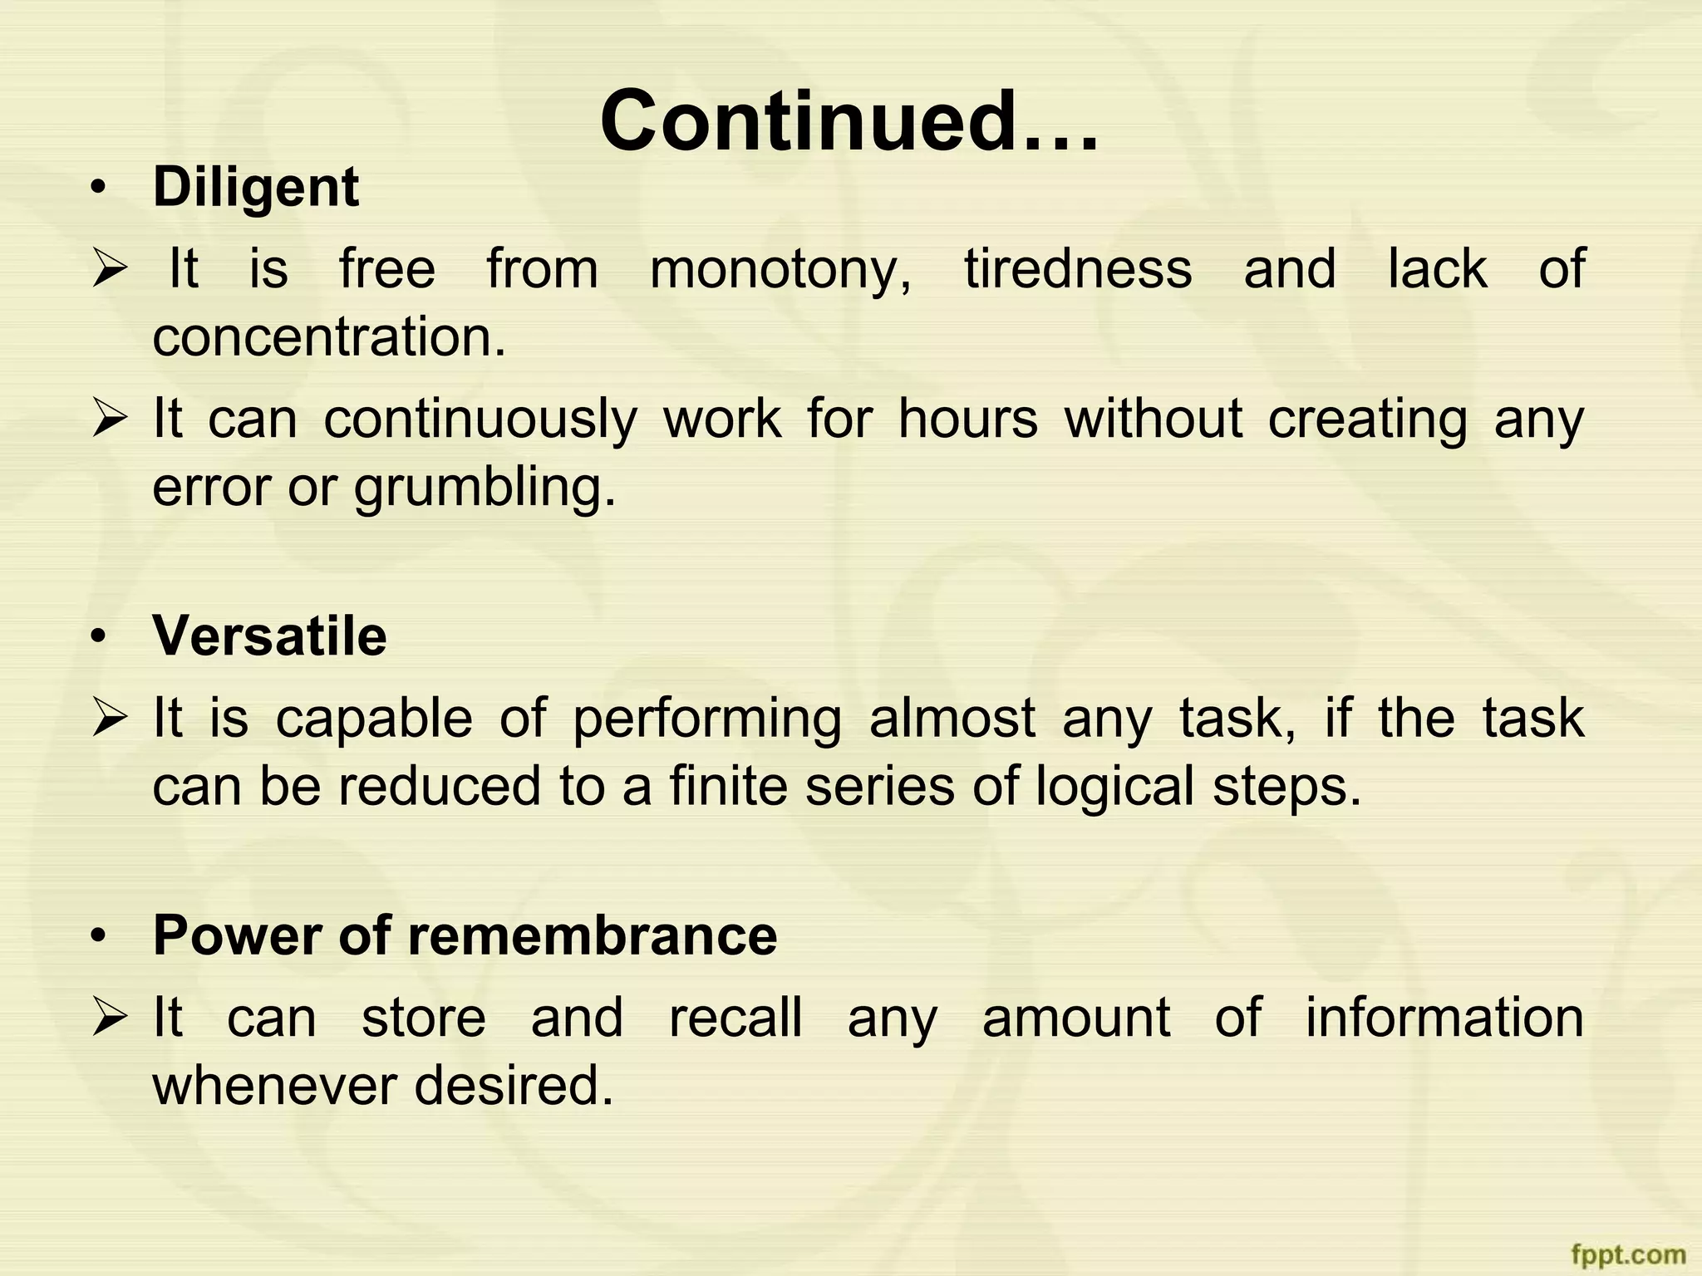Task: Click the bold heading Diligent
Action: point(256,188)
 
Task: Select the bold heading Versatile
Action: point(269,636)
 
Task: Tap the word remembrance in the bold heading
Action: point(593,935)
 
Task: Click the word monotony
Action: point(780,270)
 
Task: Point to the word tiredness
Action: point(1078,269)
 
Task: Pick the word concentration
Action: point(329,337)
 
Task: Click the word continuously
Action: point(480,420)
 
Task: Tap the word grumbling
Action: point(485,488)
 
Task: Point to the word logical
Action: point(1114,788)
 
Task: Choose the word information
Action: point(1444,1018)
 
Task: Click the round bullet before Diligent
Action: point(100,189)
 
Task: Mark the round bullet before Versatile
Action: point(100,637)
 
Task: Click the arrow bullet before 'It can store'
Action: point(109,1018)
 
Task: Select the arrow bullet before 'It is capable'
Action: point(109,719)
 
